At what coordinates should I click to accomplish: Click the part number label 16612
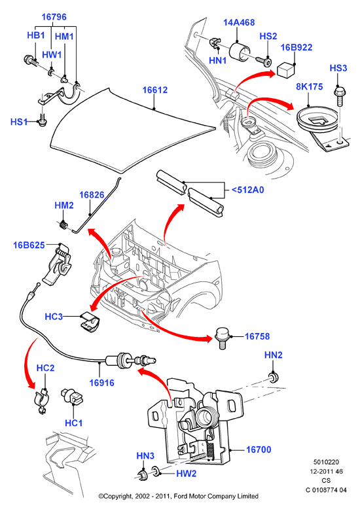(x=155, y=90)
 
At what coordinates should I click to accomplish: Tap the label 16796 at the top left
(x=54, y=17)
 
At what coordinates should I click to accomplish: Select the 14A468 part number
(x=239, y=22)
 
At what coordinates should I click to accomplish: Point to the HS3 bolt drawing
(x=340, y=96)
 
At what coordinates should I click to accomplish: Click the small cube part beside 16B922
(x=286, y=71)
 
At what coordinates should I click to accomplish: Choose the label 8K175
(x=310, y=86)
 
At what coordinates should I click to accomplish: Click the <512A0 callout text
(x=247, y=190)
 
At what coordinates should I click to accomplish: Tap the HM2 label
(x=64, y=205)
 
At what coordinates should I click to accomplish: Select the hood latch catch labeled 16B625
(x=58, y=264)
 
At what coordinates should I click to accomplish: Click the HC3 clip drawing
(x=90, y=323)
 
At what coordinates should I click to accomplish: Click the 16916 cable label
(x=101, y=383)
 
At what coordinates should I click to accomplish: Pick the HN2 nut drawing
(x=274, y=377)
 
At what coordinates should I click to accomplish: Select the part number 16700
(x=259, y=449)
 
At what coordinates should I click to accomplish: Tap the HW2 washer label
(x=186, y=474)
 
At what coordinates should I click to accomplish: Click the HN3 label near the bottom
(x=145, y=456)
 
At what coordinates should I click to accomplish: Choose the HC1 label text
(x=74, y=423)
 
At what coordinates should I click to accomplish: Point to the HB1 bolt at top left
(x=32, y=60)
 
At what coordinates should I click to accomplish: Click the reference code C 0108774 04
(x=326, y=490)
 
